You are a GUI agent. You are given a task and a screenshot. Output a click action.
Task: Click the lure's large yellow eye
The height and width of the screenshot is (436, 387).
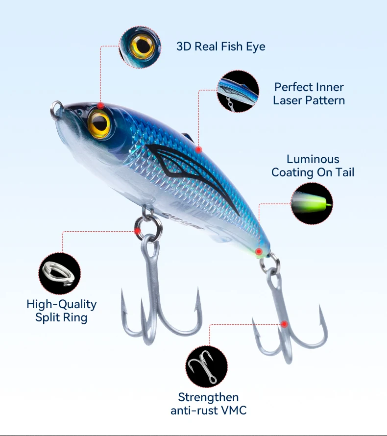pos(99,122)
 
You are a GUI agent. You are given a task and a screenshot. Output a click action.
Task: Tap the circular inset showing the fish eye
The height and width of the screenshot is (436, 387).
pos(140,47)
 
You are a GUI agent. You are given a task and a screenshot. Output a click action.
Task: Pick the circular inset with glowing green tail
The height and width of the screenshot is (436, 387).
pos(312,203)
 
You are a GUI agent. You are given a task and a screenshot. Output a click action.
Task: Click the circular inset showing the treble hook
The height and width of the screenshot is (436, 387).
pos(206,367)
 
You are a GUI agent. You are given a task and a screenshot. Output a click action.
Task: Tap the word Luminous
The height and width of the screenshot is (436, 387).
pos(313,159)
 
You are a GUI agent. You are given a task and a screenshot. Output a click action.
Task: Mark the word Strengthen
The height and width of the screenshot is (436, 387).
pos(208,397)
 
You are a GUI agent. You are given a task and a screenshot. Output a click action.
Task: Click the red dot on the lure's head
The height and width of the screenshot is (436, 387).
pos(100,105)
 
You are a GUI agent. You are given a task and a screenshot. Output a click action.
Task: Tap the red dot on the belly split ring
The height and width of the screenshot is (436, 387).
pos(138,230)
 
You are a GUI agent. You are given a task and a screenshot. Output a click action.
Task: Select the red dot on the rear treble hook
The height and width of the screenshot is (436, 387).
pos(284,324)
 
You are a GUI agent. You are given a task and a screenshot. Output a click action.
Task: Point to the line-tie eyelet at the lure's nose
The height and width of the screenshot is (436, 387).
pos(56,108)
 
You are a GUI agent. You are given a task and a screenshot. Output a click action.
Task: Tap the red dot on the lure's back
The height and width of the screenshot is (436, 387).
pos(198,149)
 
